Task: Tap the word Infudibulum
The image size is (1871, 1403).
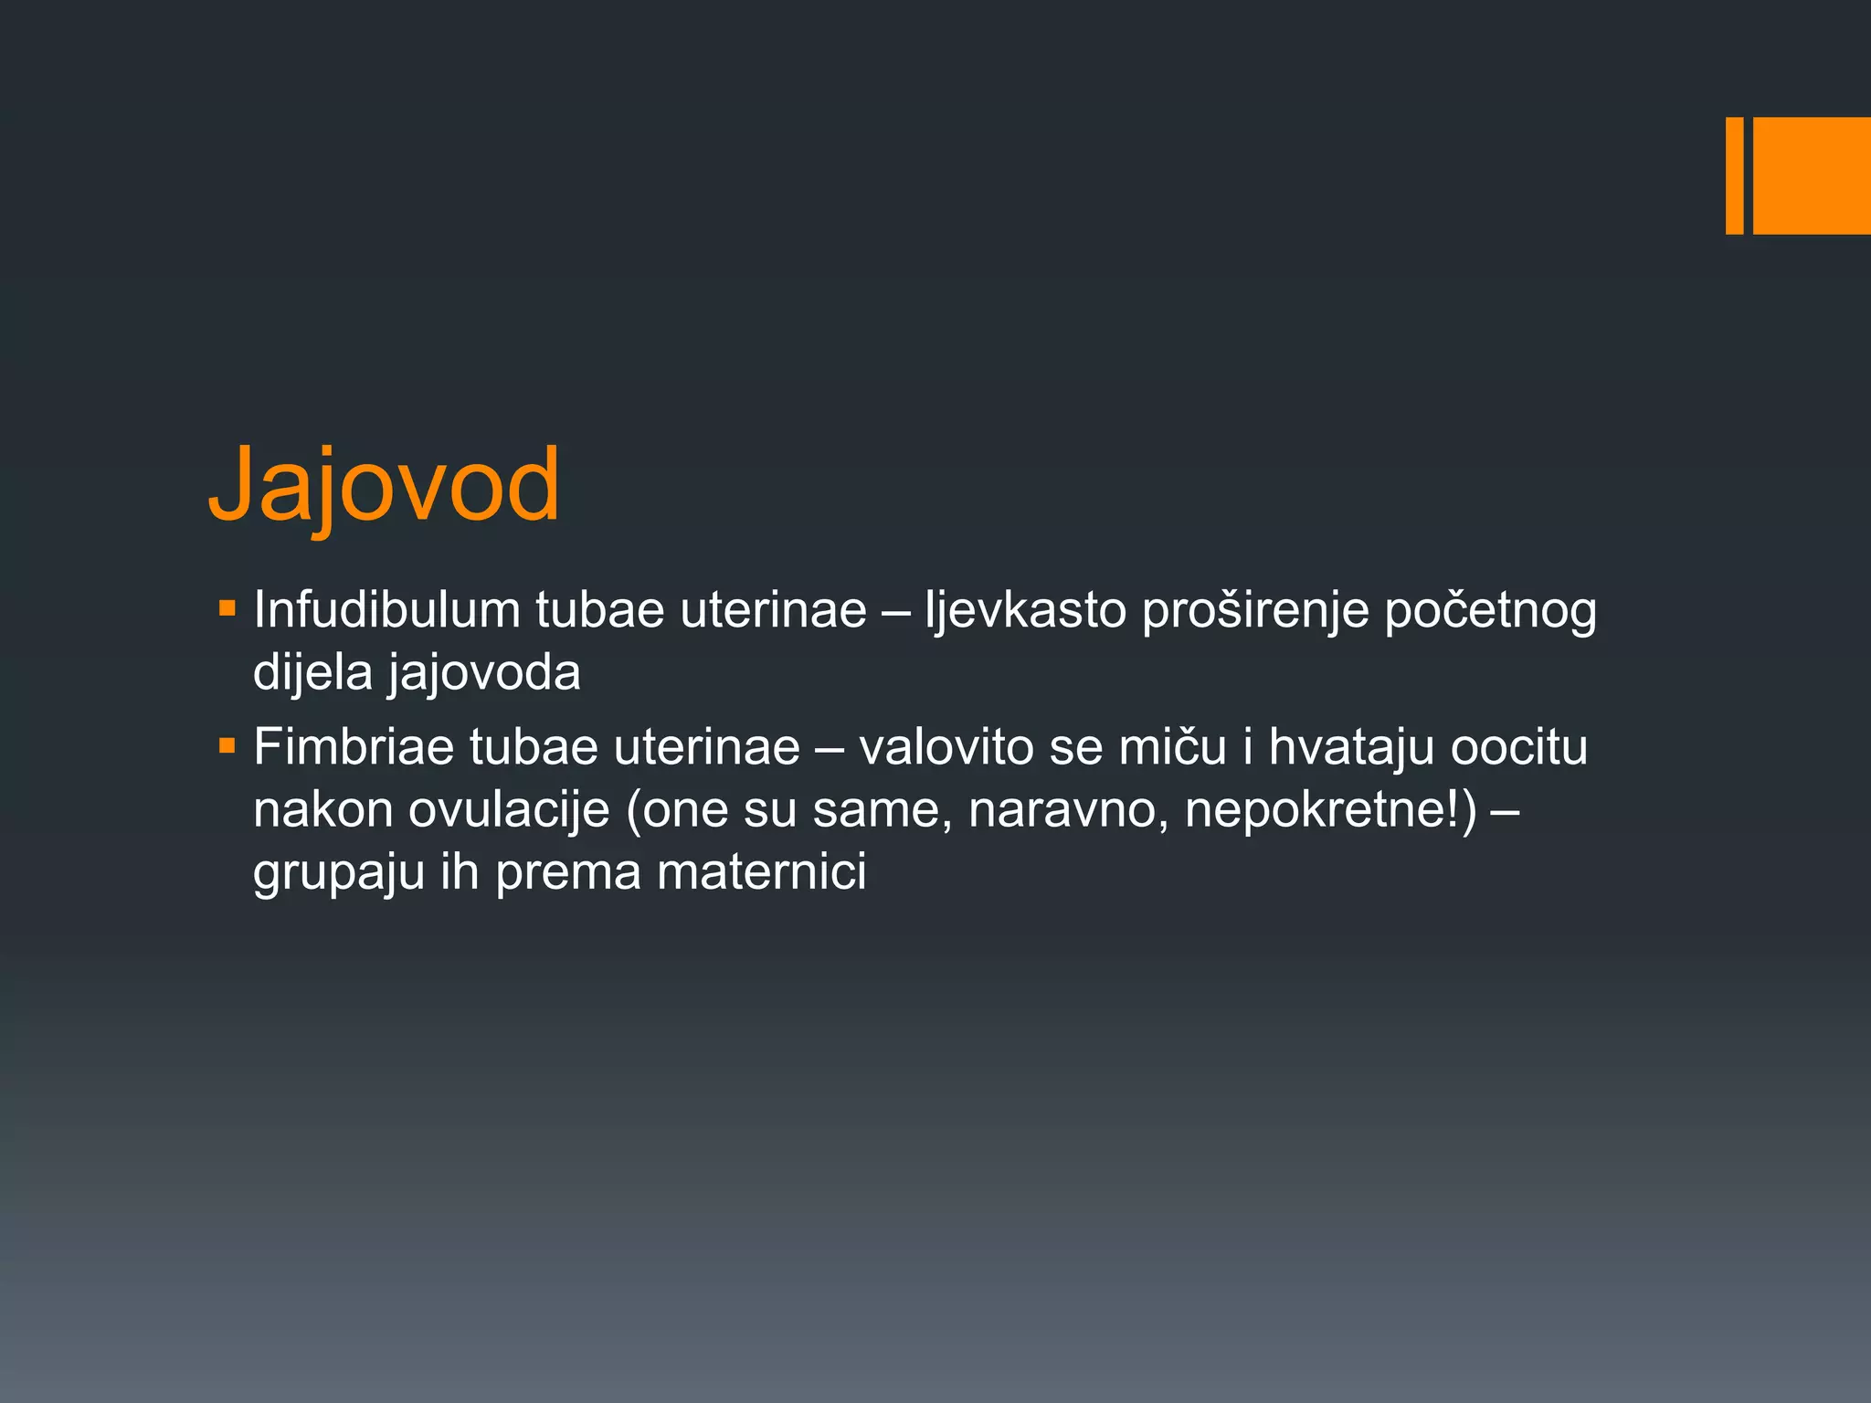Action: tap(386, 609)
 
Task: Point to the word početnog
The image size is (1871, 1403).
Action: tap(1490, 611)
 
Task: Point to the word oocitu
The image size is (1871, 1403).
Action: tap(1519, 746)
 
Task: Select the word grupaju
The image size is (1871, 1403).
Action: tap(339, 873)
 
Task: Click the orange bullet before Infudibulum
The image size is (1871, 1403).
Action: tap(227, 607)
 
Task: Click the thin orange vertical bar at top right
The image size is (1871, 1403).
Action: tap(1734, 175)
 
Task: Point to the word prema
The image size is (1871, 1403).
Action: tap(568, 873)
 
